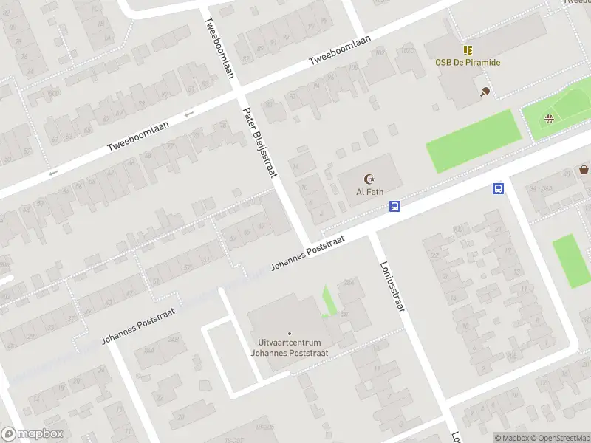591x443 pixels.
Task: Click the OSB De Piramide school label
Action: click(x=467, y=63)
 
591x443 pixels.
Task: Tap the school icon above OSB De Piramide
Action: click(x=467, y=50)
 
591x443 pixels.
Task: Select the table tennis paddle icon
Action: click(x=485, y=92)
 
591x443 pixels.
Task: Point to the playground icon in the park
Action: click(x=548, y=119)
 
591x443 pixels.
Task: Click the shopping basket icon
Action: click(x=584, y=170)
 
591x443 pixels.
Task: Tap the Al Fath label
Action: click(x=369, y=192)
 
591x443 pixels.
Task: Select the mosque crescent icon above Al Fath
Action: click(x=369, y=179)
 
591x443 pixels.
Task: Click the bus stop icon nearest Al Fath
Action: click(x=395, y=207)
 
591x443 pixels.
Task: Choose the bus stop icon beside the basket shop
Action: click(x=499, y=189)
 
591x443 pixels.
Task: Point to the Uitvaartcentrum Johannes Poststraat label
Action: click(x=289, y=348)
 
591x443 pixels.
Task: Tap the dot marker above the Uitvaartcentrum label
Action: click(x=289, y=334)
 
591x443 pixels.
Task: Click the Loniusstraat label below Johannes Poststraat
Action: click(x=392, y=286)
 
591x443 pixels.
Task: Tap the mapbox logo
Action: click(x=33, y=434)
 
